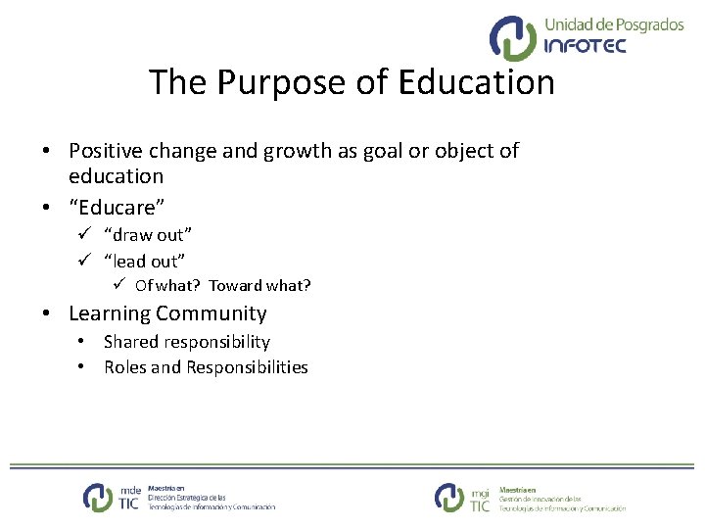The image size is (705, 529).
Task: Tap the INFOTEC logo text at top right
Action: coord(585,45)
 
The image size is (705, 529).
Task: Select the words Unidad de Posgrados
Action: coord(613,24)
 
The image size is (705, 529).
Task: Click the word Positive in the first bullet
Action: coord(107,151)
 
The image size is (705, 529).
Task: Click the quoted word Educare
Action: coord(117,208)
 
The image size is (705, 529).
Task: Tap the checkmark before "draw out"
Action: coord(84,235)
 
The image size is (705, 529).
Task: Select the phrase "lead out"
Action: coord(144,261)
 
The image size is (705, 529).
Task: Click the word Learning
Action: coord(109,313)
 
